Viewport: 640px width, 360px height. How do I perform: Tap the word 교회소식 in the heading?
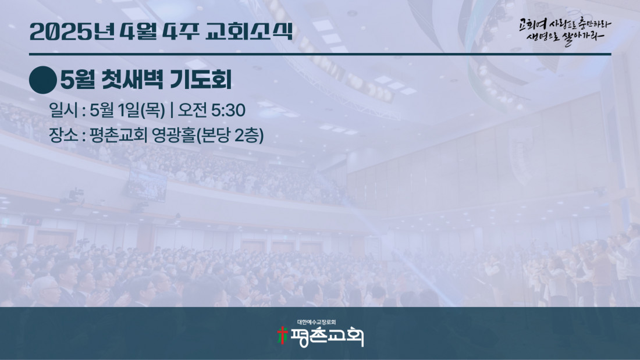coord(249,31)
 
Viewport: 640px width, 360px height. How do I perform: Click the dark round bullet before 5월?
coord(43,80)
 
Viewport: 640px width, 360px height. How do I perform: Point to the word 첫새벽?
coord(132,79)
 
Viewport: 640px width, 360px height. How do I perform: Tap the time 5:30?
coord(229,110)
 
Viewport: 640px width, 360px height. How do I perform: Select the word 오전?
coord(192,110)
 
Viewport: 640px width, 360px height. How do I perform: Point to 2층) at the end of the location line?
coord(249,136)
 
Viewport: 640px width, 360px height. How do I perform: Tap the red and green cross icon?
coord(282,335)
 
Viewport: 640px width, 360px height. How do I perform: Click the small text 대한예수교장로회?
coord(317,322)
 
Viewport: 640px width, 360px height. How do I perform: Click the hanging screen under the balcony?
coord(147,185)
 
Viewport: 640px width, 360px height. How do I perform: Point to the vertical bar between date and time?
coord(172,110)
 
